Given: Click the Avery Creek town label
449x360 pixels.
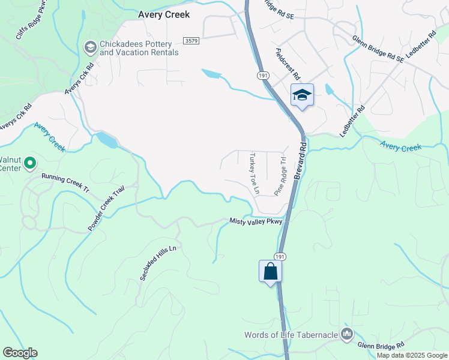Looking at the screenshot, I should (164, 14).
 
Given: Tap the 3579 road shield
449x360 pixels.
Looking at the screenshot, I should (191, 40).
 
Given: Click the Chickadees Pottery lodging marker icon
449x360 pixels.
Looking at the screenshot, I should (90, 47).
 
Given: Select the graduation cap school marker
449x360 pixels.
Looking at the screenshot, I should (302, 95).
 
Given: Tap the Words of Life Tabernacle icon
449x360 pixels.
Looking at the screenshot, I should (346, 334).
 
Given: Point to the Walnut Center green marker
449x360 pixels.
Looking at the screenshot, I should (31, 162).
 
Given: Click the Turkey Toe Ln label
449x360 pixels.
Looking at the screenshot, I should (254, 172).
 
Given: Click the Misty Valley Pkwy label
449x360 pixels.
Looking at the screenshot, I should (256, 221).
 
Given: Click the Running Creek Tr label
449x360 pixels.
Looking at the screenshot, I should (65, 182).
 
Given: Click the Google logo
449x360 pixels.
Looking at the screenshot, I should (20, 353).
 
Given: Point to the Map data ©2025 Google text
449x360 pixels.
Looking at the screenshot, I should (412, 355).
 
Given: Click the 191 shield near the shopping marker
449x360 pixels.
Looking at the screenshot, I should (281, 256).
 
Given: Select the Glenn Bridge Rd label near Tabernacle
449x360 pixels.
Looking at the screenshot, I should (381, 345).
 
